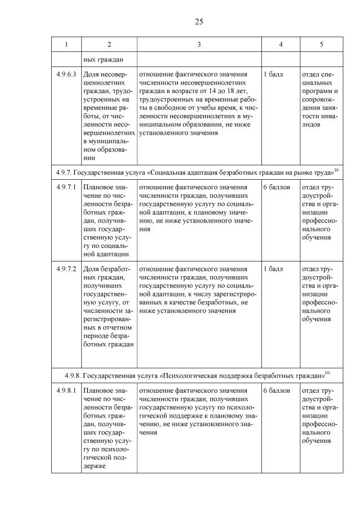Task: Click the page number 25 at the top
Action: pyautogui.click(x=198, y=21)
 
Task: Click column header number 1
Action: pyautogui.click(x=66, y=45)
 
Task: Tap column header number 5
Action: pyautogui.click(x=321, y=45)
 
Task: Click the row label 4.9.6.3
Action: pyautogui.click(x=66, y=74)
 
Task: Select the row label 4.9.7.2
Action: pyautogui.click(x=66, y=269)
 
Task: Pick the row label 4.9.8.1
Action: pyautogui.click(x=66, y=390)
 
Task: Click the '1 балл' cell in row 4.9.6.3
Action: pyautogui.click(x=273, y=74)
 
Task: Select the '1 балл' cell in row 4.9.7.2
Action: pyautogui.click(x=273, y=269)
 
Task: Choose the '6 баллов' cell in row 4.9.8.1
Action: pyautogui.click(x=276, y=390)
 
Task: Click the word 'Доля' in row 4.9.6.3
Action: pyautogui.click(x=91, y=74)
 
